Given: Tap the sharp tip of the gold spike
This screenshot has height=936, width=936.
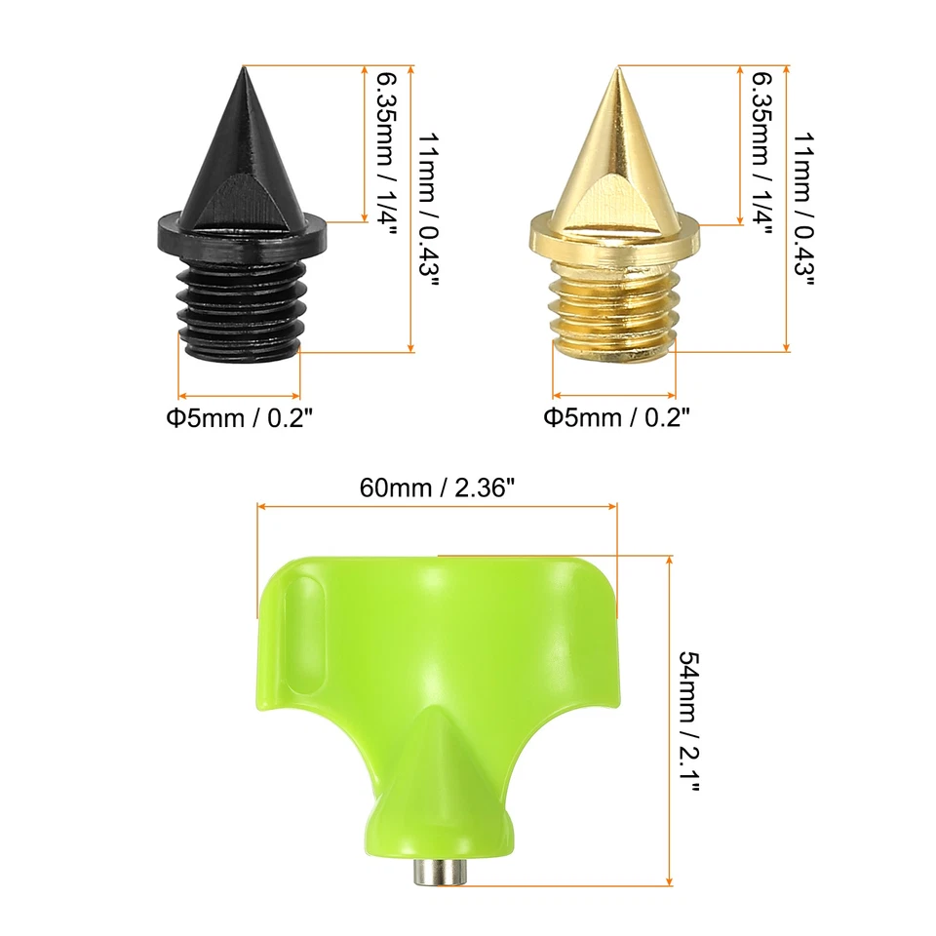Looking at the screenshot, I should pos(618,70).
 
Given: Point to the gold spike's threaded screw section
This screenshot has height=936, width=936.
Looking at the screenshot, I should pos(614,307).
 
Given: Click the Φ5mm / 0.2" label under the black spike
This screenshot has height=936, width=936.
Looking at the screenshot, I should pos(239,418).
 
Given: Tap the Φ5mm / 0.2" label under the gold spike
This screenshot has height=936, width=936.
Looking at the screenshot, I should pos(616,418).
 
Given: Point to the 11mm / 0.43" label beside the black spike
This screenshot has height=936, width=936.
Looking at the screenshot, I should pos(428,209).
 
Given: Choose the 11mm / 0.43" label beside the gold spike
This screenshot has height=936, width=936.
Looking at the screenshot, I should pos(803,209).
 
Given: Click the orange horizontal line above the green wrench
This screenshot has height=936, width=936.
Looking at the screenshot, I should pos(437,505).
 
